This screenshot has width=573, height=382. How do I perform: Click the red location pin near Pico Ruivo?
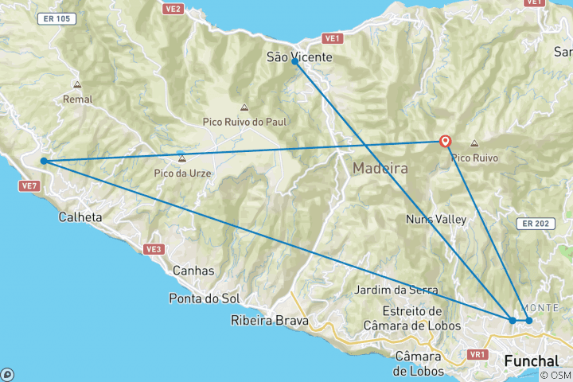445,141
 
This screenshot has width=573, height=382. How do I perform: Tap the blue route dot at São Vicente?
294,61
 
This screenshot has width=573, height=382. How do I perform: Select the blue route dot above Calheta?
43,161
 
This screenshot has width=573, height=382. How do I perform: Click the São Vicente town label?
299,57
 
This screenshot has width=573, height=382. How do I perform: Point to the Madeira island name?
380,169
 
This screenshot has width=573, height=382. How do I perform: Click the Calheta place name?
80,216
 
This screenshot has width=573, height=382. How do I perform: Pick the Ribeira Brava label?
267,322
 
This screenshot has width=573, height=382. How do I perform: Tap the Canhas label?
193,271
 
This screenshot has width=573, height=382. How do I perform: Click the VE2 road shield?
173,10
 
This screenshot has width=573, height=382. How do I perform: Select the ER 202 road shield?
533,224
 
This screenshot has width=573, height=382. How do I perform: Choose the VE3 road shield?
154,249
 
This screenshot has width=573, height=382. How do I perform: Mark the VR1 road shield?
478,354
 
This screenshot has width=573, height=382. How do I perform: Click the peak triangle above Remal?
77,84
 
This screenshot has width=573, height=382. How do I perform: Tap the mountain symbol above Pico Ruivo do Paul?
244,108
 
